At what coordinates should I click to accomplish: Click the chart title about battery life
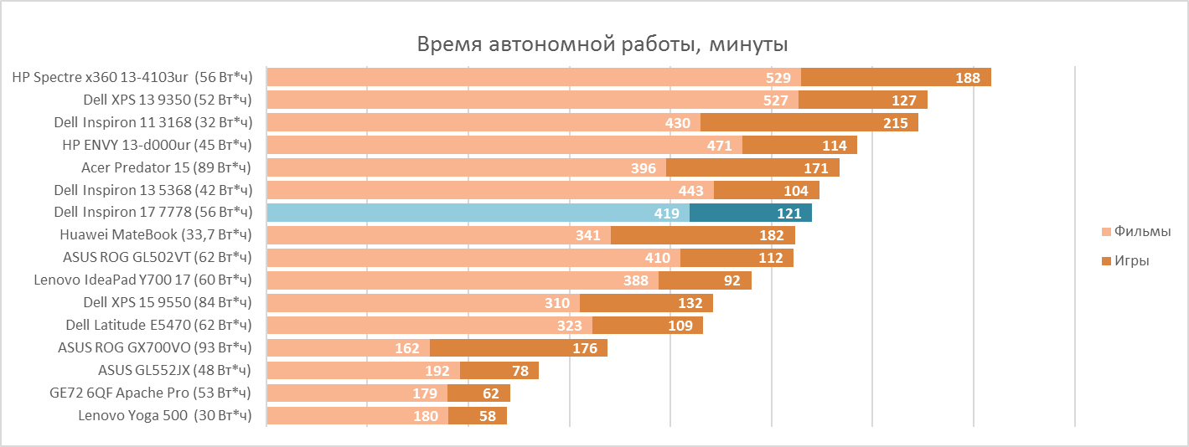[x=602, y=44]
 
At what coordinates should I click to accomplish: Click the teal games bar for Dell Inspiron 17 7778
[x=751, y=213]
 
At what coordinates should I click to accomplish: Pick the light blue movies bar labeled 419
[x=478, y=213]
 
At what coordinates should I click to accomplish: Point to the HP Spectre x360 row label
[x=132, y=77]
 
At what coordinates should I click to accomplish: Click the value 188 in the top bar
[x=968, y=78]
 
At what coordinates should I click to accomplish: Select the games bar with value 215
[x=809, y=122]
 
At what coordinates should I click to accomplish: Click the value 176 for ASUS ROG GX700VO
[x=585, y=348]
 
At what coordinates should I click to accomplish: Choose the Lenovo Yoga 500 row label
[x=165, y=415]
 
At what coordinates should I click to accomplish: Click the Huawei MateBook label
[x=156, y=235]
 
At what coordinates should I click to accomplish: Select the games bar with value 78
[x=499, y=370]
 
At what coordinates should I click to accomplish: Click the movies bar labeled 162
[x=348, y=347]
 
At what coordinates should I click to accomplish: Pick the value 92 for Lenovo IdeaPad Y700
[x=732, y=280]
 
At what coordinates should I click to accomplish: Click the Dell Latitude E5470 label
[x=159, y=325]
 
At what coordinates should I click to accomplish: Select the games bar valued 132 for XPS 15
[x=646, y=303]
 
